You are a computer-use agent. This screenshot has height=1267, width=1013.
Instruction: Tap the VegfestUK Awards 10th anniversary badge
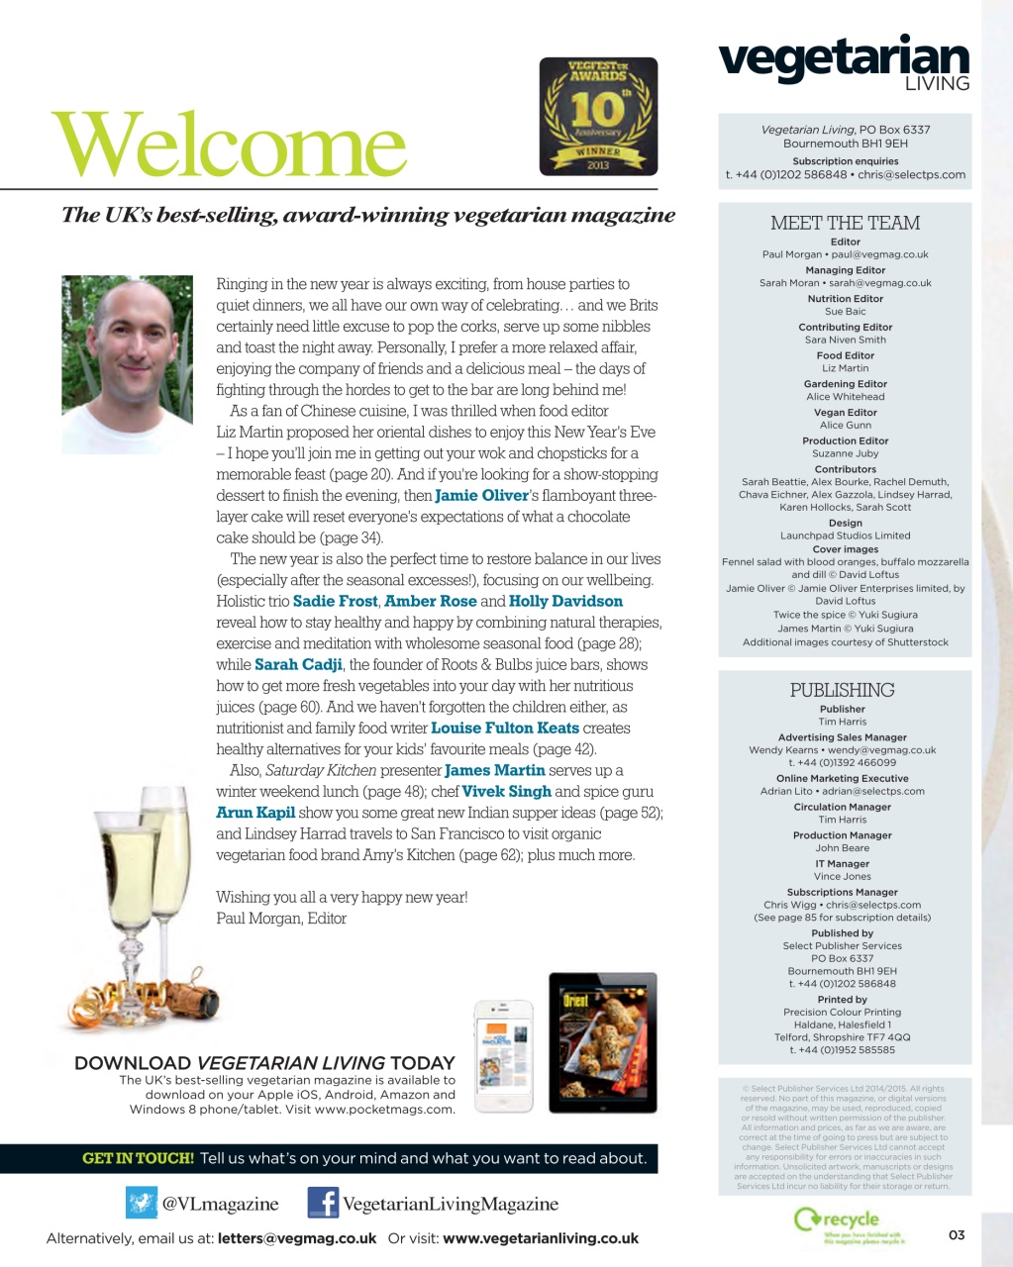coord(598,117)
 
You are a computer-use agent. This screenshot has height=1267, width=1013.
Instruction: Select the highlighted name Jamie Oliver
coord(481,496)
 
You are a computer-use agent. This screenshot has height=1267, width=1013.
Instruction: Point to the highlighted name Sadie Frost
coord(336,602)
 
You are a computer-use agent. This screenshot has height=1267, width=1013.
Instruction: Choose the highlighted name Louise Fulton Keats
coord(505,729)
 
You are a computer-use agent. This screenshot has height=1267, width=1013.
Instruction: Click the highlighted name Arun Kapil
coord(255,813)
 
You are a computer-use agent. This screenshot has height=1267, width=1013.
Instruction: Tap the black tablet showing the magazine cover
coord(602,1042)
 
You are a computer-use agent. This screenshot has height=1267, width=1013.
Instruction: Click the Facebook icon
coord(323,1204)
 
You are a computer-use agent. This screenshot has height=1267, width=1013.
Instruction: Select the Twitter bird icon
coord(142,1204)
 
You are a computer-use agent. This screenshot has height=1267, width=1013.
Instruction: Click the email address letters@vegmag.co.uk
coord(297,1238)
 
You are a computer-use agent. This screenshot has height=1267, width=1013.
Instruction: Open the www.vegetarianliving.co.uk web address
coord(541,1238)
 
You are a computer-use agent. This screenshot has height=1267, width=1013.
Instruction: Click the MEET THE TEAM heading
coord(845,224)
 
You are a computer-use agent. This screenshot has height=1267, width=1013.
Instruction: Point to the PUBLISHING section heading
coord(842,691)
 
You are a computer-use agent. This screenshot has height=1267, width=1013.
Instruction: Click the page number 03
coord(956,1234)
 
